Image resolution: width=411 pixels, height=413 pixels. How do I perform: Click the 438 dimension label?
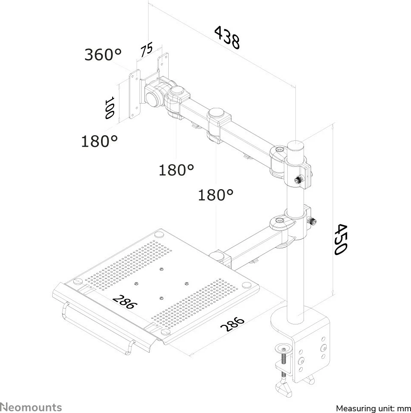[227, 37]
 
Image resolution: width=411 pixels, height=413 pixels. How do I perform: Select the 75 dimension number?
[146, 50]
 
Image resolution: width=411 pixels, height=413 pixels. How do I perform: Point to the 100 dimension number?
[109, 107]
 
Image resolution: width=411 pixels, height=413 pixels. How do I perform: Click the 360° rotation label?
[103, 54]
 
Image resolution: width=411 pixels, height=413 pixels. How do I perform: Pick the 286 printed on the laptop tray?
[125, 302]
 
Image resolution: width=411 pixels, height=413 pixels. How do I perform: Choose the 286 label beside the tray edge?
[232, 324]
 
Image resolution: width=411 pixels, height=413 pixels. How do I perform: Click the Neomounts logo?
[31, 407]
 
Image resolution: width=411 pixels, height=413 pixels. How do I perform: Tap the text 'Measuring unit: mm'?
[373, 409]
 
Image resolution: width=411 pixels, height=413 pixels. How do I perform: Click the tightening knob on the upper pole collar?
[299, 180]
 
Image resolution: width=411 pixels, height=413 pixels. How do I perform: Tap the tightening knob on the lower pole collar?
[313, 221]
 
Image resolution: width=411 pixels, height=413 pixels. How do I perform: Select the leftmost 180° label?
[99, 141]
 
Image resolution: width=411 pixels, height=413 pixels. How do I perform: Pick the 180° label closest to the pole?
[215, 195]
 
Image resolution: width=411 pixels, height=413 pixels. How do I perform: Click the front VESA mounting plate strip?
[134, 94]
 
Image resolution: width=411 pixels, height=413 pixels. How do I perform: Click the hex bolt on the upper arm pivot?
[279, 150]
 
